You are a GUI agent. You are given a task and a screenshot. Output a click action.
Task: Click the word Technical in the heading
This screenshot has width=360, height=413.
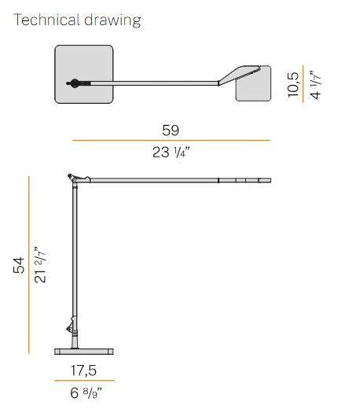[46, 20]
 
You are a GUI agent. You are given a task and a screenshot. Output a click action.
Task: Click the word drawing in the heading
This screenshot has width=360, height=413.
[113, 20]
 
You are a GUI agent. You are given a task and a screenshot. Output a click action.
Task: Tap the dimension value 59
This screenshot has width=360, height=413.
[171, 131]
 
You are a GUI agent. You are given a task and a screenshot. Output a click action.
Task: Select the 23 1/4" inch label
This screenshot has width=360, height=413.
[171, 153]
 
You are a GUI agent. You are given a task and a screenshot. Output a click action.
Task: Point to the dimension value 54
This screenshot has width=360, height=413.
[19, 265]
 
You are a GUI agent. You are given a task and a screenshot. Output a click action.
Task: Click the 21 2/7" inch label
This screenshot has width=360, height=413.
[40, 264]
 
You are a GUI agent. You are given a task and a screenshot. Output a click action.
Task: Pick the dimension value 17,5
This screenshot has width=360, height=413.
[83, 371]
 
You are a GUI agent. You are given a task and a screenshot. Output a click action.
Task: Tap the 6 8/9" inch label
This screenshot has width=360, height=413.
[86, 393]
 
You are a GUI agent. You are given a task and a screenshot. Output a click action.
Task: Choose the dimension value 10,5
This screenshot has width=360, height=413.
[293, 85]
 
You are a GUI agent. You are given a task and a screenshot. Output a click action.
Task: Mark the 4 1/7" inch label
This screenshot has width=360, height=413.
[315, 84]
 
